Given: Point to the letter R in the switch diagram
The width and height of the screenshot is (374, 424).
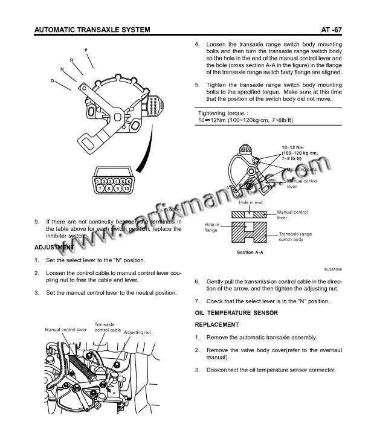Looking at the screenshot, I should pos(72,59).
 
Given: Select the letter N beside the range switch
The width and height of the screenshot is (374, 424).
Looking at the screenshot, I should pos(62,69).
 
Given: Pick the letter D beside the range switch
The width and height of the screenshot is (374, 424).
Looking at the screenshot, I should pos(53,80).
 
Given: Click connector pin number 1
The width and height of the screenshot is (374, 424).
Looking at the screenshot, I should pos(98,181).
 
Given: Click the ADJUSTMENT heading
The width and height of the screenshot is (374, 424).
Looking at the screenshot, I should pos(54,248).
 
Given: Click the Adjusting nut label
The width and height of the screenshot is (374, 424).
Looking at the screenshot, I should pos(137,332).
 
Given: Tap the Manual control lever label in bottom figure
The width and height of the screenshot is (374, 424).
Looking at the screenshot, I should pos(66,330).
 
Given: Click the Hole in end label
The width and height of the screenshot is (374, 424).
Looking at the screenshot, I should pos(251,203).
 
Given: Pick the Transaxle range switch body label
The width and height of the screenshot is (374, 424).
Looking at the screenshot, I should pos(295,236).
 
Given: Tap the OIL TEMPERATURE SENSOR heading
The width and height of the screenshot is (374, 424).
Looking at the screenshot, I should pos(236,313).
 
